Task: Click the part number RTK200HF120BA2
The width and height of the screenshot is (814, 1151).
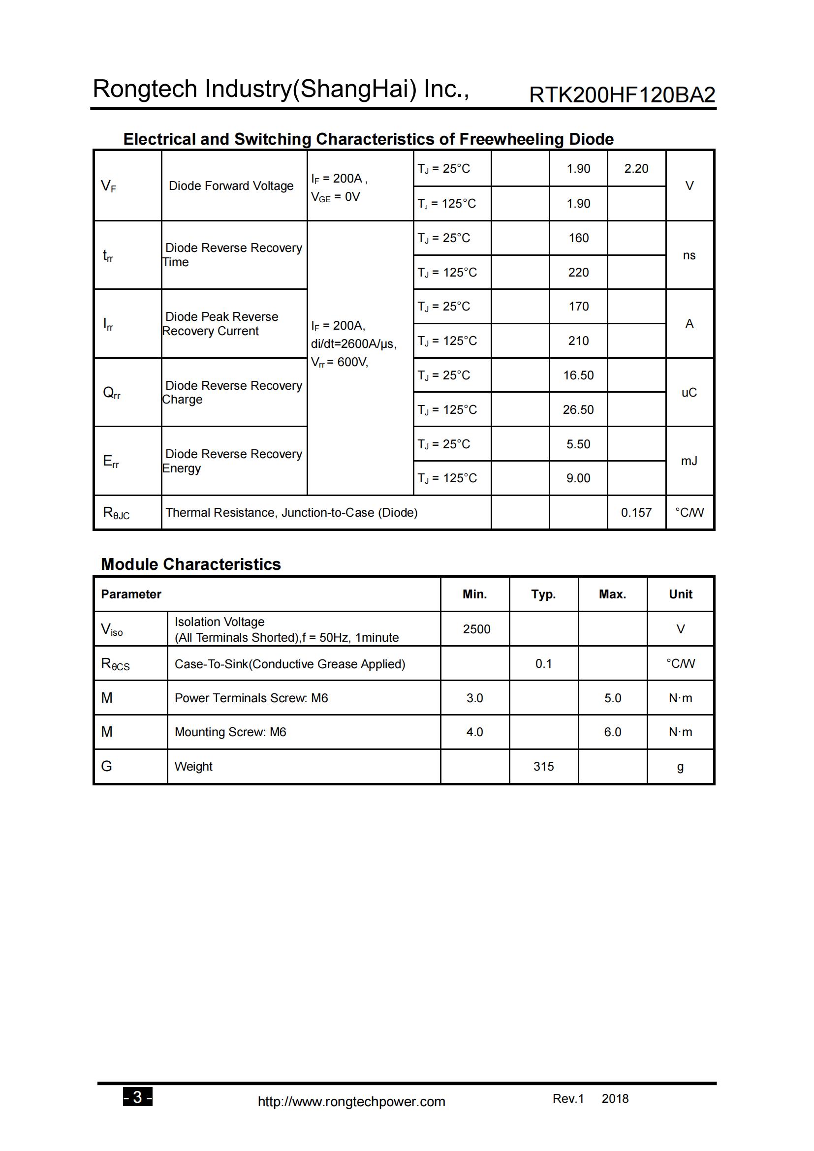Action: [x=622, y=95]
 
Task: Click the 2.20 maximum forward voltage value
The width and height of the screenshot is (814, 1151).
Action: [x=636, y=168]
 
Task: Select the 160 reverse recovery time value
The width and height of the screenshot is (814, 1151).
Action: [x=578, y=238]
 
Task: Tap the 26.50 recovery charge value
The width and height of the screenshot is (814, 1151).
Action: [x=578, y=409]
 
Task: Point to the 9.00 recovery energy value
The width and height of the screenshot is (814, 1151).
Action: [x=578, y=478]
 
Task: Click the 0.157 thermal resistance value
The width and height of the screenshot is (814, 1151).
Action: [x=636, y=512]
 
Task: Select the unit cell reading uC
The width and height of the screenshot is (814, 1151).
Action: [x=689, y=393]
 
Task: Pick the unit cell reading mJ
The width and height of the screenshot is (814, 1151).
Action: [x=689, y=461]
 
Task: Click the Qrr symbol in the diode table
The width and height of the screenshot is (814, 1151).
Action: [x=111, y=393]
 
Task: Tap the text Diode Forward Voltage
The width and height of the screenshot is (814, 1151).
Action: [x=231, y=186]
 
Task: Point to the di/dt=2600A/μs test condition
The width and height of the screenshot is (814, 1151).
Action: [x=353, y=344]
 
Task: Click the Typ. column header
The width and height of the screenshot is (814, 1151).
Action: [x=543, y=594]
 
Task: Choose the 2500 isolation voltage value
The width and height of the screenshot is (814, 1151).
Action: [x=476, y=629]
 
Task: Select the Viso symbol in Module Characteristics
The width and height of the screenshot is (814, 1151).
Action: [x=111, y=630]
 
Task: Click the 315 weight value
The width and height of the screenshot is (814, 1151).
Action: [x=543, y=767]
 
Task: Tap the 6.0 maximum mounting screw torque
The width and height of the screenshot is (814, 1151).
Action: [x=612, y=732]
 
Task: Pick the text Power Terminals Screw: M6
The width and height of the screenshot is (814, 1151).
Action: [x=251, y=698]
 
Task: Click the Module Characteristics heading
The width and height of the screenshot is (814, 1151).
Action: [x=190, y=564]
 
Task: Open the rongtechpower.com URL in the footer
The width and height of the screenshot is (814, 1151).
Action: [x=351, y=1101]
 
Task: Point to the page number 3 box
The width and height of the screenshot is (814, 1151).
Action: [x=137, y=1097]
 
